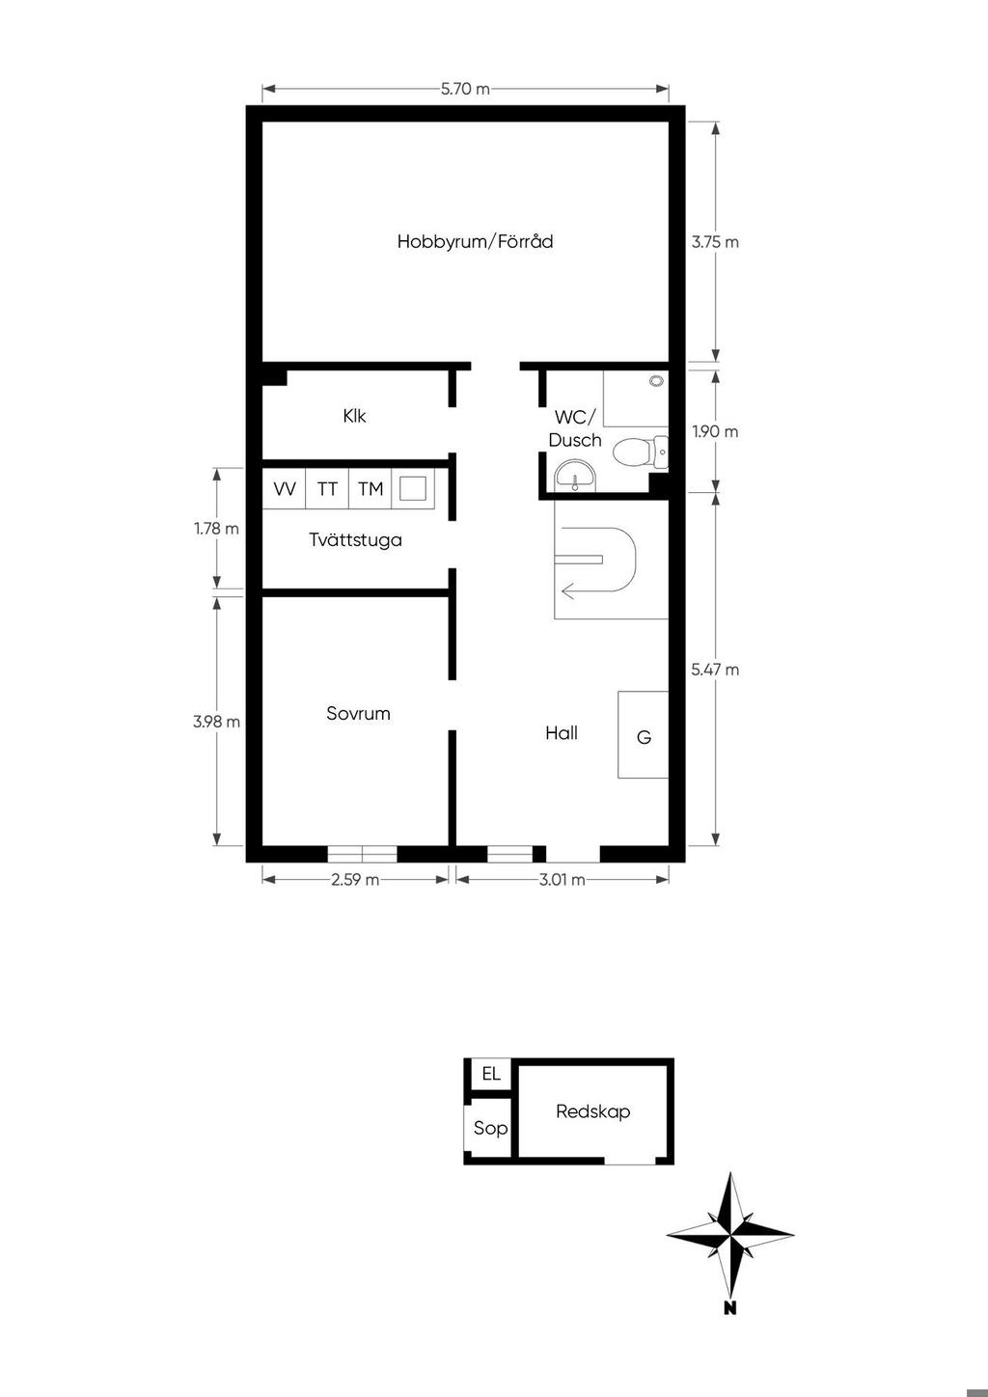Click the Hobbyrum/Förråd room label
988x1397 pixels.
tap(476, 241)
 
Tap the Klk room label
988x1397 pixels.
tap(354, 416)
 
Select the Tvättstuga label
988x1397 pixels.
tap(355, 539)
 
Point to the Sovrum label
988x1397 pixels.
tap(358, 713)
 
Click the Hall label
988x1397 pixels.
tap(562, 733)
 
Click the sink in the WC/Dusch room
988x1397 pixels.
tap(575, 477)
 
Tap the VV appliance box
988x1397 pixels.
tap(285, 488)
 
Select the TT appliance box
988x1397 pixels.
tap(327, 488)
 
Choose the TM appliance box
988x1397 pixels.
tap(370, 488)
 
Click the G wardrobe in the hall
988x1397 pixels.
tap(644, 734)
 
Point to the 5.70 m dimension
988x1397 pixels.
tap(465, 89)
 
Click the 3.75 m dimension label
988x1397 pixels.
tap(715, 242)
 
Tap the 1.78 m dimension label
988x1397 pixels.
tap(216, 529)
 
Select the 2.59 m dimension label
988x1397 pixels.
tap(355, 879)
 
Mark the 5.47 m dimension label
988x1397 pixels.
tap(715, 670)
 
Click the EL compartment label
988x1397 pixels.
tap(491, 1074)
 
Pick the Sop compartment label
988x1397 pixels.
tap(490, 1128)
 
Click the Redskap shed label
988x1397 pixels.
tap(593, 1111)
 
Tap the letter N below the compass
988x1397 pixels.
tap(730, 1308)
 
